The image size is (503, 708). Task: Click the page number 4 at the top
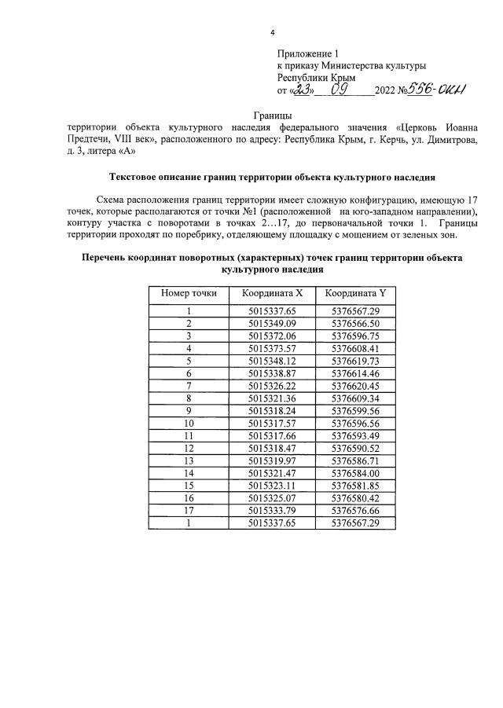coord(272,32)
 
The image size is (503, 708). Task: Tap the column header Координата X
coord(271,293)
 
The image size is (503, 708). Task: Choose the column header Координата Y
coord(356,293)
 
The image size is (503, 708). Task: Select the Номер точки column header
coord(189,293)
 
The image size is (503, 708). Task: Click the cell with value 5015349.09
coord(271,323)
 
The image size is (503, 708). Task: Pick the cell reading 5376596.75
coord(356,336)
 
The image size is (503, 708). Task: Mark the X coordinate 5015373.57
coord(271,347)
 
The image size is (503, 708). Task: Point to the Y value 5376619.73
coord(356,360)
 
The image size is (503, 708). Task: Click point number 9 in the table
coord(189,409)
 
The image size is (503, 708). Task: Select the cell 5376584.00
coord(356,471)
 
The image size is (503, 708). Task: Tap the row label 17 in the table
coord(189,508)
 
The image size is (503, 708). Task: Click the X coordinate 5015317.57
coord(271,422)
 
